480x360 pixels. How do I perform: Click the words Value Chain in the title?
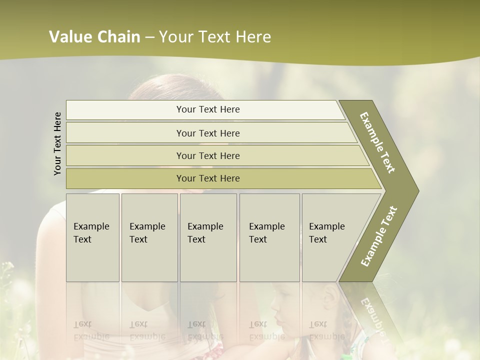94,37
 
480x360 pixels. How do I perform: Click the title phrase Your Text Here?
215,37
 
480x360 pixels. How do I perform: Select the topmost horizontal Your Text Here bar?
207,109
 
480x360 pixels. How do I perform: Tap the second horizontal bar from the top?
207,133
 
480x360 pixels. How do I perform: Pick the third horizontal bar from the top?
207,155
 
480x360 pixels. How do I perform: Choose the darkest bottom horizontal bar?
207,178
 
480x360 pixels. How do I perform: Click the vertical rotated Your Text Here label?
57,143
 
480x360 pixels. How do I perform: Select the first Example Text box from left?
92,237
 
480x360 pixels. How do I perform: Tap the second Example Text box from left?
149,237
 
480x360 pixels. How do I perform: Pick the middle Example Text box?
208,237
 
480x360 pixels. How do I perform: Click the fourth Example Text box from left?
269,237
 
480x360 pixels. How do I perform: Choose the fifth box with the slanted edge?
330,237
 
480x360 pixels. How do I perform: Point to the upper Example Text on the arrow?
377,142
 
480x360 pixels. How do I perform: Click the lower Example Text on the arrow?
378,236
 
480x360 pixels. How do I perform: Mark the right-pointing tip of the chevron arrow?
417,191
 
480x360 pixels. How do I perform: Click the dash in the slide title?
149,37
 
